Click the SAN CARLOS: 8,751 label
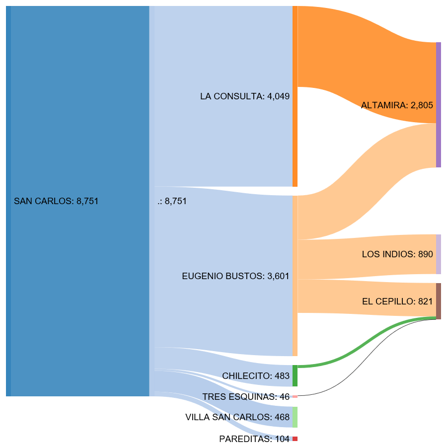coord(56,201)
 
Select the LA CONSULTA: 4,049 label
coord(244,96)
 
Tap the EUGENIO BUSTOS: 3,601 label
coord(235,276)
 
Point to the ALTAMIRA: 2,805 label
coord(397,105)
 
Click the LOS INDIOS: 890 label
coord(397,254)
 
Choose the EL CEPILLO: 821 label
coord(397,301)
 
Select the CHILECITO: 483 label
coord(255,376)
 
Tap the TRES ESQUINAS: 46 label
coord(245,397)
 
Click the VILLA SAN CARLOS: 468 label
coord(237,417)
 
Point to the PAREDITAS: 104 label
coord(254,439)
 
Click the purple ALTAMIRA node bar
coord(439,105)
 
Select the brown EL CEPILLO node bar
coord(439,301)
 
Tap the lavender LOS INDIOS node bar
coord(439,254)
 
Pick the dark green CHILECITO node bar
coord(295,376)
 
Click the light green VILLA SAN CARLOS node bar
coord(295,417)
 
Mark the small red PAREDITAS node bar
coord(295,439)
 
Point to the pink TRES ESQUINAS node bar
coord(295,396)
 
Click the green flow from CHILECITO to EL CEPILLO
coord(368,338)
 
